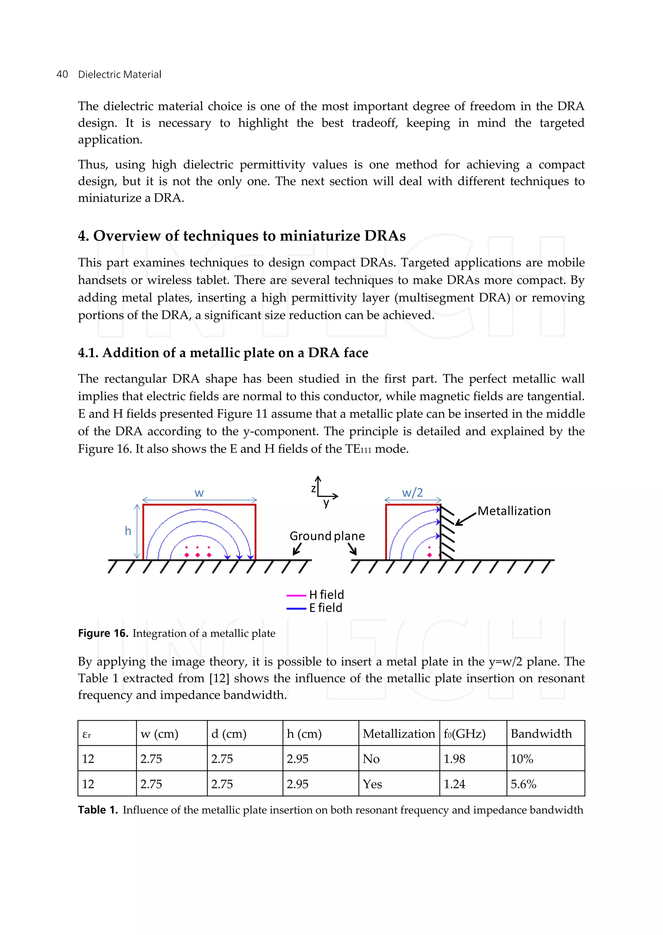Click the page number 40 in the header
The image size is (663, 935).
[x=62, y=74]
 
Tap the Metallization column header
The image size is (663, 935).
[x=399, y=734]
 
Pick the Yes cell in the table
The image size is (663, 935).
[x=372, y=784]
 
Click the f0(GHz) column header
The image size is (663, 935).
[x=464, y=734]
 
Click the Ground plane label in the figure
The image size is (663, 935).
[x=327, y=536]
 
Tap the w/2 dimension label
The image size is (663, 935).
[x=412, y=493]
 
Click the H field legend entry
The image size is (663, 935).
[x=326, y=595]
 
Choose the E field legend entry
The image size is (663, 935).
[x=325, y=608]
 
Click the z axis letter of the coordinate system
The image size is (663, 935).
[x=313, y=488]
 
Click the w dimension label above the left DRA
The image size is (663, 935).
[x=199, y=493]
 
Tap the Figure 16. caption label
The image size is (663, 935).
[x=103, y=633]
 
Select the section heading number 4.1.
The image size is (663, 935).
[x=88, y=353]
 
